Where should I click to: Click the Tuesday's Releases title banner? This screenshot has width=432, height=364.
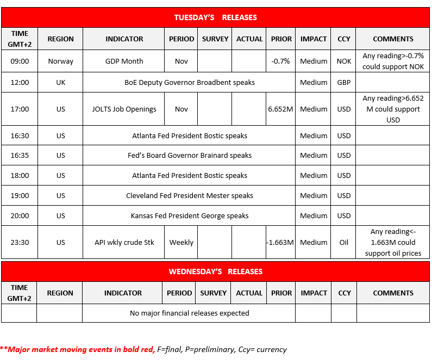pyautogui.click(x=215, y=17)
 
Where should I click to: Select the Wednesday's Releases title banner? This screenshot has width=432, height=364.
pyautogui.click(x=215, y=272)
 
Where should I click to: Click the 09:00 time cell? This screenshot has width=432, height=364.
pyautogui.click(x=20, y=61)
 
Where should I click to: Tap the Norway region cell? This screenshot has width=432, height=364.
pyautogui.click(x=60, y=61)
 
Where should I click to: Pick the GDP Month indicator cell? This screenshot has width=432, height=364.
pyautogui.click(x=124, y=61)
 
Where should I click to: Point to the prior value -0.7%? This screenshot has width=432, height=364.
pyautogui.click(x=280, y=61)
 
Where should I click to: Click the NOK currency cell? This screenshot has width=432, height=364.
pyautogui.click(x=343, y=61)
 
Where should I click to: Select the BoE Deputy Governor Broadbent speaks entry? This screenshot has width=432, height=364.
pyautogui.click(x=190, y=83)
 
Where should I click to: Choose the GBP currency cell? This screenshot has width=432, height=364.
pyautogui.click(x=343, y=83)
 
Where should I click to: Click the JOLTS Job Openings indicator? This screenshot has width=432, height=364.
pyautogui.click(x=124, y=109)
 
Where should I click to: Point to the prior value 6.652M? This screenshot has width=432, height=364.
pyautogui.click(x=280, y=109)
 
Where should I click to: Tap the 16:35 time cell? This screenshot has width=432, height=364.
pyautogui.click(x=20, y=156)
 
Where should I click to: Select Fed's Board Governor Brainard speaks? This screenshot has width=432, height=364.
pyautogui.click(x=190, y=156)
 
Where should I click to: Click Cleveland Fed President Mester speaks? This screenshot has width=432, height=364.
pyautogui.click(x=190, y=196)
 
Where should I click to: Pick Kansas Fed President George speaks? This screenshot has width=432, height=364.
pyautogui.click(x=190, y=216)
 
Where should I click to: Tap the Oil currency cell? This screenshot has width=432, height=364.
pyautogui.click(x=343, y=243)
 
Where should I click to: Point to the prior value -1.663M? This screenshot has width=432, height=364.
pyautogui.click(x=280, y=243)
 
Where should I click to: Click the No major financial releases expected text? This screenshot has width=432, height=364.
pyautogui.click(x=190, y=313)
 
